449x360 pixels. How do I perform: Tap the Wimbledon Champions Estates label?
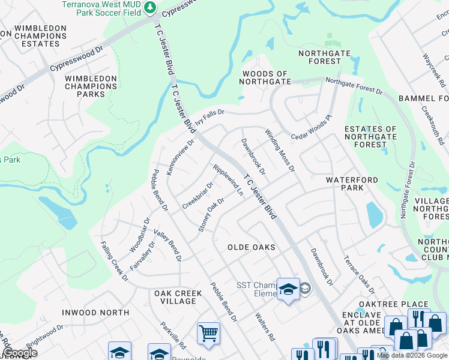(x=40, y=36)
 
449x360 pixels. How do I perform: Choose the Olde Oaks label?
(x=252, y=247)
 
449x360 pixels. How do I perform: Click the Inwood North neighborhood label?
(x=95, y=313)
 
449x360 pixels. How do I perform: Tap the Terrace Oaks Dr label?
(x=359, y=273)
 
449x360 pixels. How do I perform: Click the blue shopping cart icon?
(x=208, y=332)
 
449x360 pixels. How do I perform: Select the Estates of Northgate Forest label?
(x=370, y=137)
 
